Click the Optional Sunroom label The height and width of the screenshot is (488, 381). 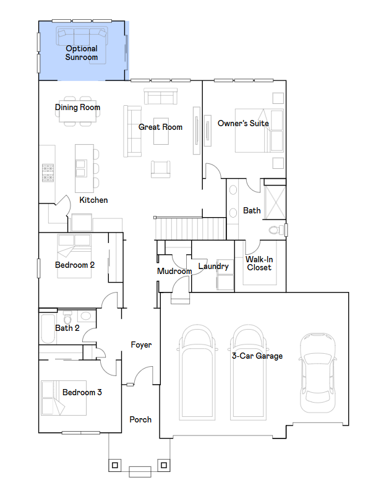click(82, 53)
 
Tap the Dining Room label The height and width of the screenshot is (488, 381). click(77, 108)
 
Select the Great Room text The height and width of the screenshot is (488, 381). click(160, 127)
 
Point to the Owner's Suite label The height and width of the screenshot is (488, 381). click(243, 123)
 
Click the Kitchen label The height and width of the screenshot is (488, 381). click(93, 200)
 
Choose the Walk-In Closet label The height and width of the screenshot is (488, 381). click(259, 263)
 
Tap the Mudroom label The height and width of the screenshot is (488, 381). click(174, 271)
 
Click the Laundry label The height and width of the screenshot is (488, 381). click(213, 267)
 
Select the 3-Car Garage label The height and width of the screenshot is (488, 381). click(257, 356)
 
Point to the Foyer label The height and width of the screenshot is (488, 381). click(141, 345)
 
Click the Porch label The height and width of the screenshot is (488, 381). click(140, 419)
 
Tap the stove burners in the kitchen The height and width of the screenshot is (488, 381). click(48, 173)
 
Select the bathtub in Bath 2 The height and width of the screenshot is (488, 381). click(48, 328)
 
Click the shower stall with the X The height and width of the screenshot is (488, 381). click(275, 202)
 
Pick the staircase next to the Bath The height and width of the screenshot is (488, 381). click(190, 229)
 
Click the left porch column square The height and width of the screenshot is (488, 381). click(115, 465)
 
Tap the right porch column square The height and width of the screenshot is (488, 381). click(164, 465)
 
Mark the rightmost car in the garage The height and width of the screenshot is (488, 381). click(318, 372)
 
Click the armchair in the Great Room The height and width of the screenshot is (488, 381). click(161, 169)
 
